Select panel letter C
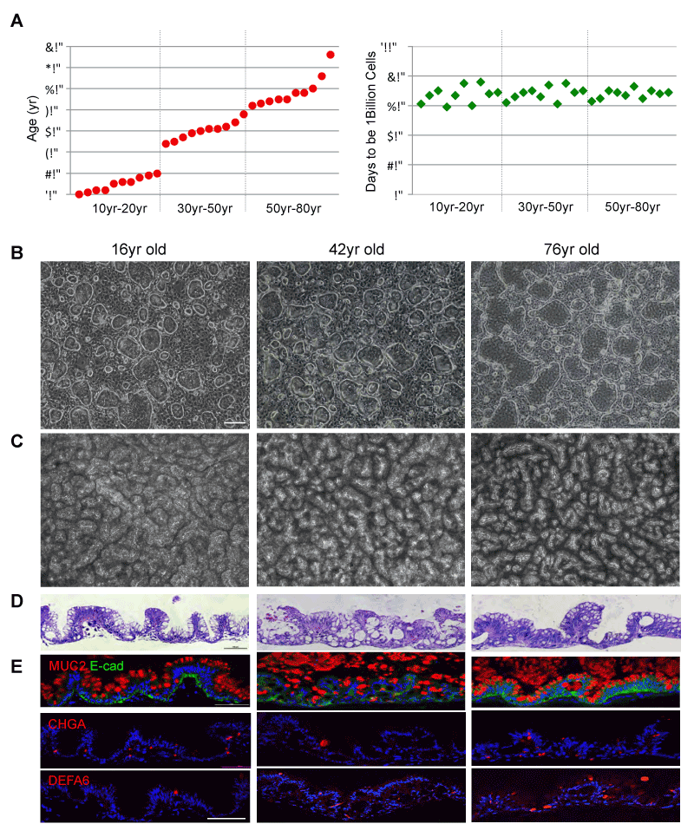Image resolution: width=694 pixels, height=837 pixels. (16, 441)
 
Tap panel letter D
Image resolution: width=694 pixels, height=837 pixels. (16, 599)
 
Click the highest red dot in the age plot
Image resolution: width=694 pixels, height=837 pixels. (331, 55)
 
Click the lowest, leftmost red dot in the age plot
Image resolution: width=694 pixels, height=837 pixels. (79, 194)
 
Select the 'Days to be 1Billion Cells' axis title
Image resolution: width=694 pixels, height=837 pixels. (371, 122)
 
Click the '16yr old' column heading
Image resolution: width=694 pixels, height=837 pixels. (139, 250)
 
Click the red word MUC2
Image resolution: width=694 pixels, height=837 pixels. (64, 666)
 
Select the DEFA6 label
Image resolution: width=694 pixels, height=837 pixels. (66, 779)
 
